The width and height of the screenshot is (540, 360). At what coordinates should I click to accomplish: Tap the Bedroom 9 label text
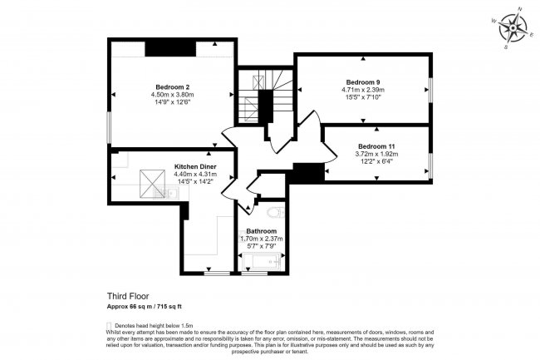[x=363, y=81]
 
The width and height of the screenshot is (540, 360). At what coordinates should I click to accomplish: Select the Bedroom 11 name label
[x=376, y=146]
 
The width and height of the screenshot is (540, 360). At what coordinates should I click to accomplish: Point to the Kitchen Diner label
[x=195, y=166]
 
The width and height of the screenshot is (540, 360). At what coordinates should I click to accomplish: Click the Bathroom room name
[x=261, y=230]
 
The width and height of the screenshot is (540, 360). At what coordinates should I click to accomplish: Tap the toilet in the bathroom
[x=275, y=214]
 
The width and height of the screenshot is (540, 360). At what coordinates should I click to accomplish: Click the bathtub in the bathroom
[x=261, y=264]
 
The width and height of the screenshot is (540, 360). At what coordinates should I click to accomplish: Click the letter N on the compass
[x=520, y=9]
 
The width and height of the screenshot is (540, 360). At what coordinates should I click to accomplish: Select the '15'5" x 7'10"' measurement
[x=363, y=97]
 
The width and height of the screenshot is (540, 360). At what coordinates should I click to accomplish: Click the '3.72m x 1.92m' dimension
[x=376, y=155]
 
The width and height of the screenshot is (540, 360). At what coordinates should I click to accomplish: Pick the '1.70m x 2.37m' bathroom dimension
[x=261, y=239]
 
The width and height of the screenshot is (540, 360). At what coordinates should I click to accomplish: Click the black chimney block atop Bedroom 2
[x=169, y=47]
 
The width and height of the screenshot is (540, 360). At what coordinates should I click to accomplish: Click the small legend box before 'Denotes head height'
[x=109, y=325]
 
